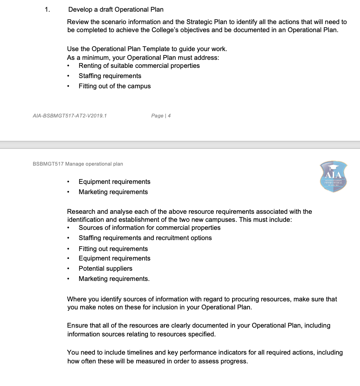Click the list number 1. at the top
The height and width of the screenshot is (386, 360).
[x=47, y=9]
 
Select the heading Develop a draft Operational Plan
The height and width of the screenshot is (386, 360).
[x=116, y=9]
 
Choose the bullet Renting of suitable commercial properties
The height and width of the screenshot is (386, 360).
[x=139, y=66]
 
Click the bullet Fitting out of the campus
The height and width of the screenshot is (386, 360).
[x=114, y=86]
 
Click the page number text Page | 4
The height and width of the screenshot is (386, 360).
[x=161, y=116]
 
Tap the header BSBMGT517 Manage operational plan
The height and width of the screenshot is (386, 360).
[x=78, y=164]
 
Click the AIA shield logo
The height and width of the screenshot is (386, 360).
[x=333, y=176]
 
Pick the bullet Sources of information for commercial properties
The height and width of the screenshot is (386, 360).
[x=149, y=228]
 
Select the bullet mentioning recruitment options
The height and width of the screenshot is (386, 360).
[x=145, y=238]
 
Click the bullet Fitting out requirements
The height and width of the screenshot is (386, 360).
[x=113, y=249]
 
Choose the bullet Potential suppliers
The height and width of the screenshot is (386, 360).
[x=105, y=269]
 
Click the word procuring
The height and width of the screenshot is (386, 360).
[x=232, y=299]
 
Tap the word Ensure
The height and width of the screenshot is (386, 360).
[x=77, y=325]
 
